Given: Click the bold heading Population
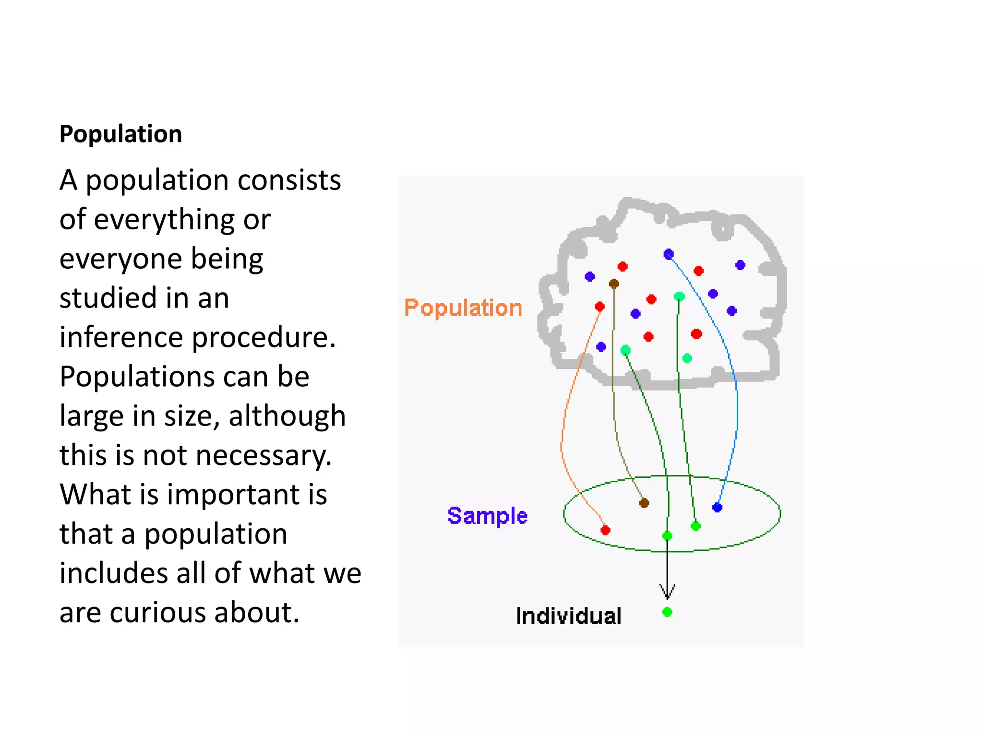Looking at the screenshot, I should pyautogui.click(x=120, y=134).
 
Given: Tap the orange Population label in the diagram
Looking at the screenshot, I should pyautogui.click(x=463, y=308).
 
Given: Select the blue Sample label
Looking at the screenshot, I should pyautogui.click(x=487, y=516).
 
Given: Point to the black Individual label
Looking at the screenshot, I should pyautogui.click(x=568, y=616).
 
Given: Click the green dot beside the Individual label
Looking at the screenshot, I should pyautogui.click(x=667, y=612).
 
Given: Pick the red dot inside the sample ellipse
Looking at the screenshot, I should pyautogui.click(x=605, y=530).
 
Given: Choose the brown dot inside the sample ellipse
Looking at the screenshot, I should pyautogui.click(x=644, y=503).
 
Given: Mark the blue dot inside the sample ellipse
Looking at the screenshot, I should pyautogui.click(x=717, y=507).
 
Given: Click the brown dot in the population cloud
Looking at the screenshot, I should pyautogui.click(x=614, y=284).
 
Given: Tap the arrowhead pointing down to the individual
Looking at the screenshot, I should pyautogui.click(x=667, y=593).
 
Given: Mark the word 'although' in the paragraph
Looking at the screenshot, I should pyautogui.click(x=287, y=416).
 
